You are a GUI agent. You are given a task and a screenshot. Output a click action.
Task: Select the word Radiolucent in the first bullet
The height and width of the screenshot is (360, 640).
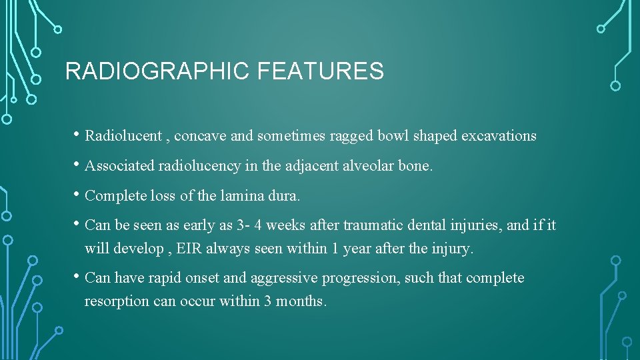(123, 136)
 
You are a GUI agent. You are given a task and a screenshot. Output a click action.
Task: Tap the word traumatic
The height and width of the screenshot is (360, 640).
(373, 225)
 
